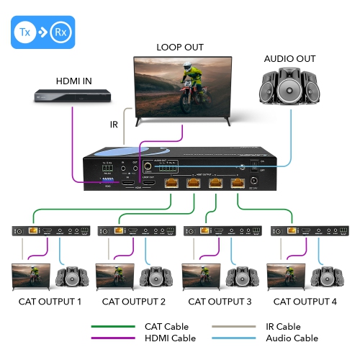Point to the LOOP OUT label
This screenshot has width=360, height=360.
180,48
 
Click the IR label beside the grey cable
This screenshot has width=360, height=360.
114,125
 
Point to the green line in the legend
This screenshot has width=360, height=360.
113,327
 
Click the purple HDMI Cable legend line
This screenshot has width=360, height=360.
113,338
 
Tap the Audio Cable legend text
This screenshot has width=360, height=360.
292,338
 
